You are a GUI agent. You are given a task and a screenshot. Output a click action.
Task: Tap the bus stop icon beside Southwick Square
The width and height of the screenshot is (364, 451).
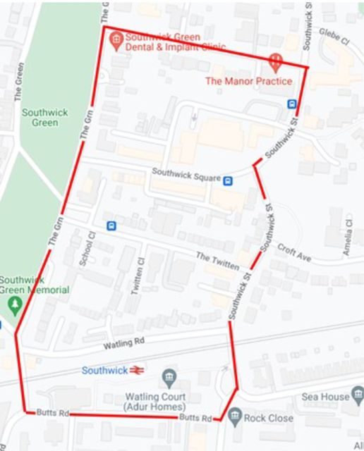(x=228, y=180)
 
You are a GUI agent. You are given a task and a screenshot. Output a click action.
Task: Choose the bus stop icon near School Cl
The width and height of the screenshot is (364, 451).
(x=111, y=226)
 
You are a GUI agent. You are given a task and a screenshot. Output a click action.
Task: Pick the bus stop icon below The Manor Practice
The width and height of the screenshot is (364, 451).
(x=291, y=104)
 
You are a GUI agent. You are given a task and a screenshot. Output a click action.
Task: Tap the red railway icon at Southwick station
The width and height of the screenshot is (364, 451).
(x=138, y=370)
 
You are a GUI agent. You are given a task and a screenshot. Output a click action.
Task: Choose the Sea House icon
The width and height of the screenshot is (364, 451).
(x=357, y=396)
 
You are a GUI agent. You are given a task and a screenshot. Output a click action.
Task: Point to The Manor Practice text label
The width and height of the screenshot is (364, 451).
(x=248, y=81)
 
